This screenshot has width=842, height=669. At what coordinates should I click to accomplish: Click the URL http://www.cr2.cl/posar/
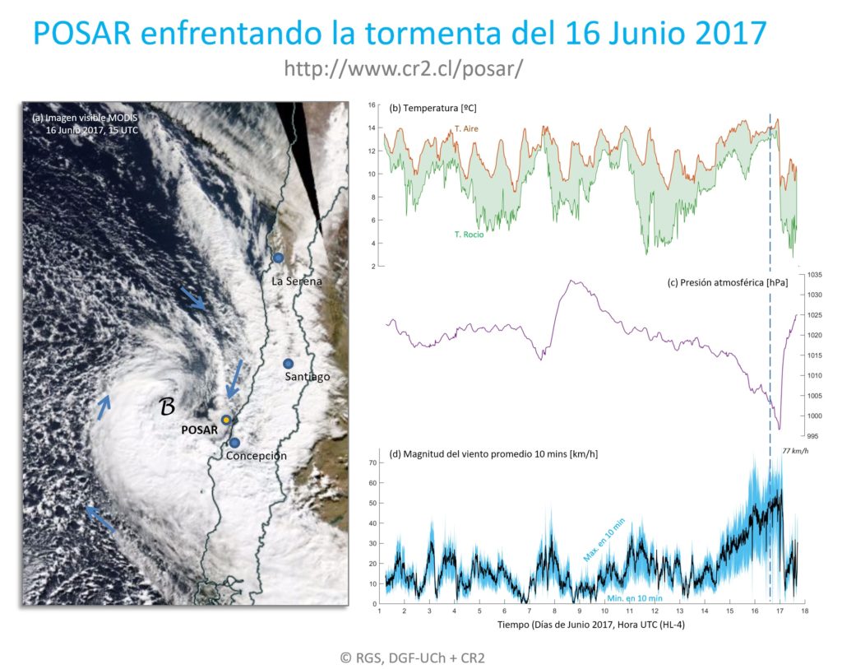click(x=403, y=69)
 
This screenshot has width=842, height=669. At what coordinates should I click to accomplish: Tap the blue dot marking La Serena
click(x=279, y=258)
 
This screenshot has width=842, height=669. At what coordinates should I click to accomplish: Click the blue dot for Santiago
click(x=288, y=364)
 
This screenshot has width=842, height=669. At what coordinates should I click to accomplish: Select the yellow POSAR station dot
click(x=225, y=420)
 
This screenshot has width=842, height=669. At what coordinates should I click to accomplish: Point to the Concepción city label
click(x=257, y=455)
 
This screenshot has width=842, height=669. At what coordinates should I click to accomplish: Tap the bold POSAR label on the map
click(x=200, y=429)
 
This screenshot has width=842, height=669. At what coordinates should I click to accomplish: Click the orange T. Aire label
click(x=466, y=129)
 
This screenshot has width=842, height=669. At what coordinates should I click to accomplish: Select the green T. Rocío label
click(x=469, y=235)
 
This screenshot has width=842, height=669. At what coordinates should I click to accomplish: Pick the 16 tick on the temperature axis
click(x=371, y=105)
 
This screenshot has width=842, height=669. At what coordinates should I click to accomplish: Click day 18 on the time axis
click(x=803, y=611)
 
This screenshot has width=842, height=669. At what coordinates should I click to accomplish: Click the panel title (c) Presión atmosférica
click(x=728, y=283)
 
